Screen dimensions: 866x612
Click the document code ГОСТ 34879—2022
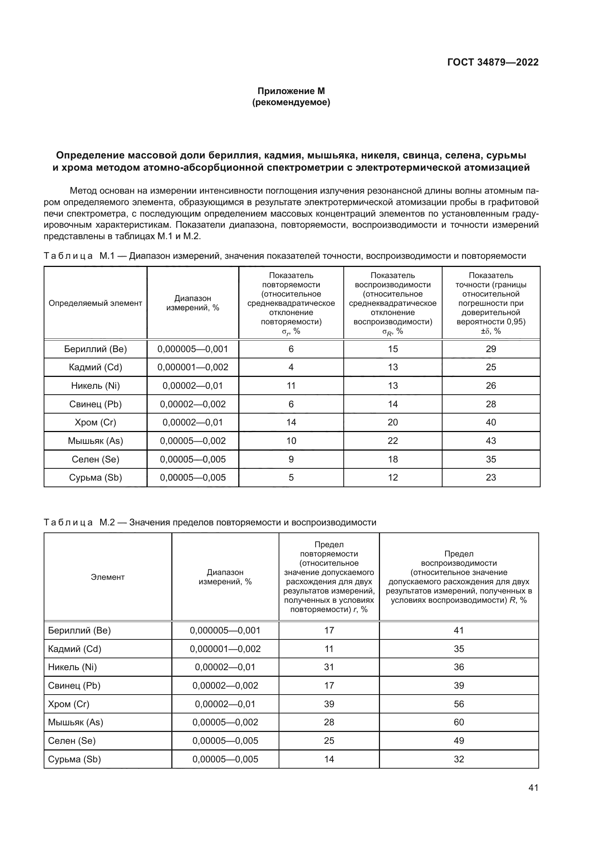[x=492, y=62]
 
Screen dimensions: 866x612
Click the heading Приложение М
[x=291, y=91]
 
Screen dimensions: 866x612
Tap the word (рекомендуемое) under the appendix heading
[x=291, y=102]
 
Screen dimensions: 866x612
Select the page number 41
[x=533, y=788]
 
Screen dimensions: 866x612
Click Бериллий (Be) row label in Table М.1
[x=95, y=349]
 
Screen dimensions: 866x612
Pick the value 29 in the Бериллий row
[x=491, y=349]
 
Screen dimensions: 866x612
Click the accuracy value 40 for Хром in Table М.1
[x=491, y=422]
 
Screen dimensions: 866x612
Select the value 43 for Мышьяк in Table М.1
[x=491, y=441]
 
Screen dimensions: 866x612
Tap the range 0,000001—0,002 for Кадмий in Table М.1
[x=192, y=367]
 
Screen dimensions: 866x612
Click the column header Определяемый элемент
[x=95, y=303]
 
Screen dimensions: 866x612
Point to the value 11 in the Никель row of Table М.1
[x=291, y=385]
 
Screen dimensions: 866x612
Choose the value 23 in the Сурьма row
[x=491, y=478]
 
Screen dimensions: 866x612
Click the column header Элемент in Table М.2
[x=107, y=577]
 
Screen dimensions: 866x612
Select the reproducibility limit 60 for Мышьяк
[x=458, y=722]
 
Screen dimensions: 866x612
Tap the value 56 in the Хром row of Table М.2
[x=458, y=704]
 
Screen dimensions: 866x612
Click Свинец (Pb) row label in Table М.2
[x=74, y=685]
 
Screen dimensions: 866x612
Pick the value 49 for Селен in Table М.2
[x=458, y=740]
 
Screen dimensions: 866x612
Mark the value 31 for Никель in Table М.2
[x=329, y=667]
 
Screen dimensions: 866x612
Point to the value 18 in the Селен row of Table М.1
[x=393, y=459]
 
